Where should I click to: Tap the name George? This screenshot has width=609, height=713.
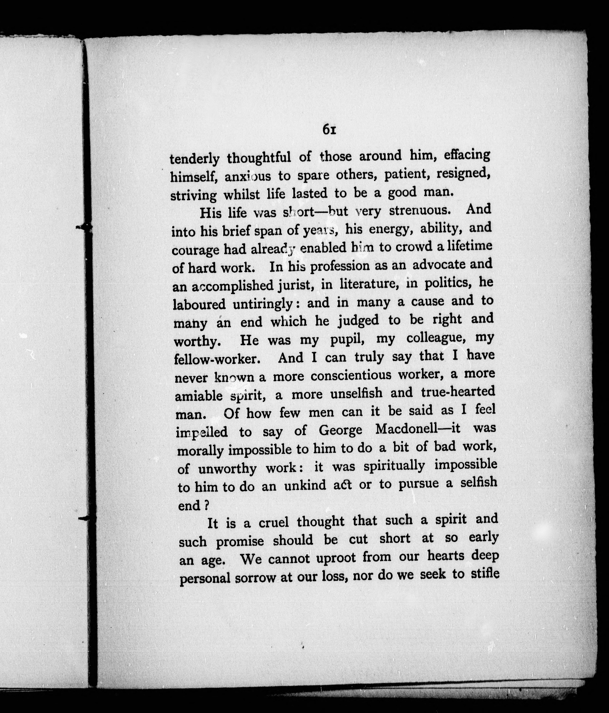pos(340,430)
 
